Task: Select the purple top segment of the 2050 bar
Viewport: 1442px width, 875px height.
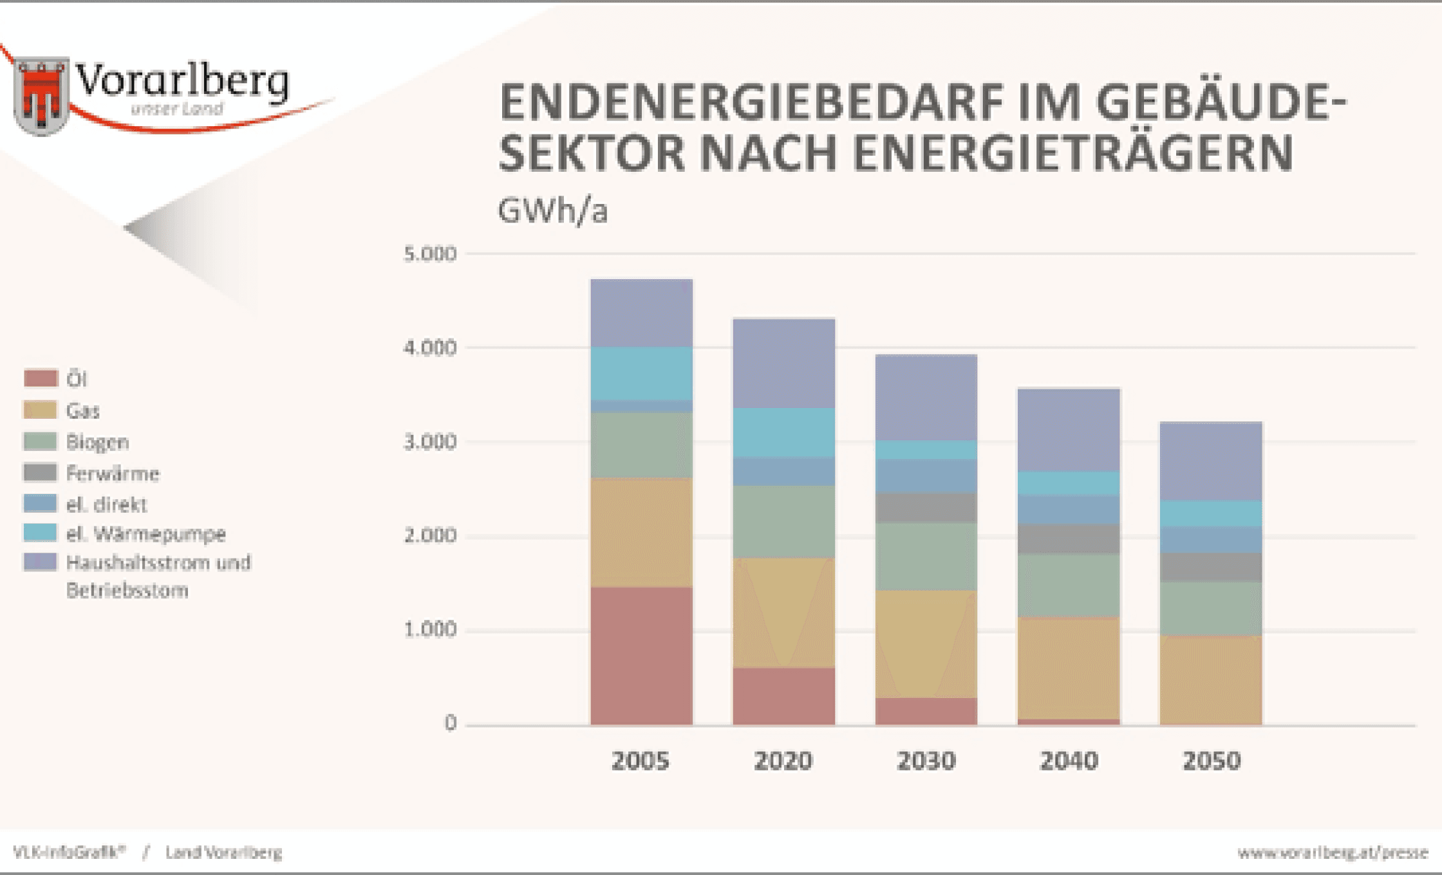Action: point(1210,461)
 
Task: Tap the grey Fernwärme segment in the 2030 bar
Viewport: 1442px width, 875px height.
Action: point(926,508)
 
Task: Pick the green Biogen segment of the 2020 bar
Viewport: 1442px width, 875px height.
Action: point(783,521)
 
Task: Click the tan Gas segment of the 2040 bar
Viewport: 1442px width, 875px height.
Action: point(1069,668)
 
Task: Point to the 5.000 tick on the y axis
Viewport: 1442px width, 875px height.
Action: point(430,254)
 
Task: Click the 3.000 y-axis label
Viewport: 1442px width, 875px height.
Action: point(430,442)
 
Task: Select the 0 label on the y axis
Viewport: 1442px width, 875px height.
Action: point(450,723)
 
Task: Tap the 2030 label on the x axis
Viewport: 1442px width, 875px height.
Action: point(926,761)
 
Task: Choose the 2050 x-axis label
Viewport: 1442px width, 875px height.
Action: point(1211,761)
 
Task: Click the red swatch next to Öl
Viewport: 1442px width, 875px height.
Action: point(41,378)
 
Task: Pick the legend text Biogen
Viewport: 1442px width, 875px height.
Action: point(98,442)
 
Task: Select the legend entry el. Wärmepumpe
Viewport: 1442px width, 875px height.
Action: point(146,533)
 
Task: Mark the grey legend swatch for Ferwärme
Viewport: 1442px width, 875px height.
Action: point(41,473)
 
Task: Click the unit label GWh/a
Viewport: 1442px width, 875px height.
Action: point(552,210)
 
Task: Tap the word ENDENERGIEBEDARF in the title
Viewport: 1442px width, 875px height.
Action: point(751,103)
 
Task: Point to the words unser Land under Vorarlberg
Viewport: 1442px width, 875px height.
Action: point(177,109)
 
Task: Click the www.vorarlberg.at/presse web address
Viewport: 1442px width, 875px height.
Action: point(1332,852)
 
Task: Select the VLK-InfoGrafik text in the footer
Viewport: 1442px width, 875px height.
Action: point(69,852)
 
